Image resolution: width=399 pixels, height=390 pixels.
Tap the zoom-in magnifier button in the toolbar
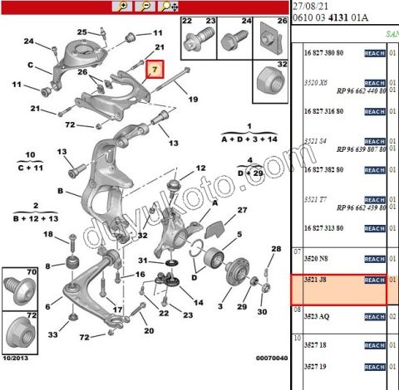(x=124, y=6)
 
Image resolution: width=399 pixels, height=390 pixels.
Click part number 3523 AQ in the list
(x=316, y=316)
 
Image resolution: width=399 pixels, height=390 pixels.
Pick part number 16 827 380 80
(x=323, y=53)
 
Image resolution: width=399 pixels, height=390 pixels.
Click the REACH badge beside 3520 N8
(x=374, y=258)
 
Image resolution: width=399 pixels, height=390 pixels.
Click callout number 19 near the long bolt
(x=193, y=100)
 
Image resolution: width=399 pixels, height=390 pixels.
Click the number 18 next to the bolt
(x=48, y=236)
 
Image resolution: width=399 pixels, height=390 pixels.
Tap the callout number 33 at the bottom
(x=53, y=334)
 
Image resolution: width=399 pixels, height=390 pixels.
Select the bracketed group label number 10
(x=31, y=155)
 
